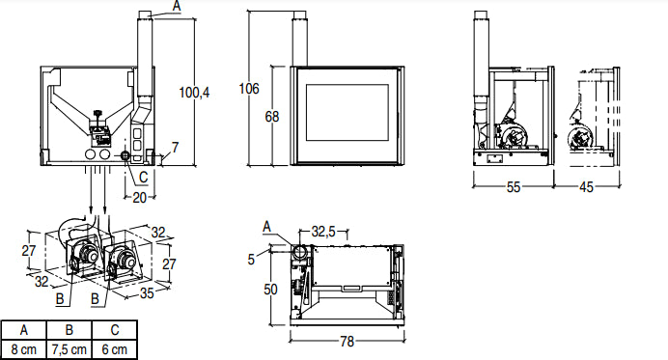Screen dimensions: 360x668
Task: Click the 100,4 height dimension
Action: point(195,93)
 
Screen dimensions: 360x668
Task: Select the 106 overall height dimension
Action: point(249,89)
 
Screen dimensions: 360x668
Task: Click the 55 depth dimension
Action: point(513,187)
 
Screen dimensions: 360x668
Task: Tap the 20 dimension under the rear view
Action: point(139,197)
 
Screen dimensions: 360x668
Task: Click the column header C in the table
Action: point(116,330)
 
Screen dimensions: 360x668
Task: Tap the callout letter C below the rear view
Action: point(144,177)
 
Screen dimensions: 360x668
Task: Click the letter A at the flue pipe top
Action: point(175,6)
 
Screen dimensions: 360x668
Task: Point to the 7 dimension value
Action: point(175,149)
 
